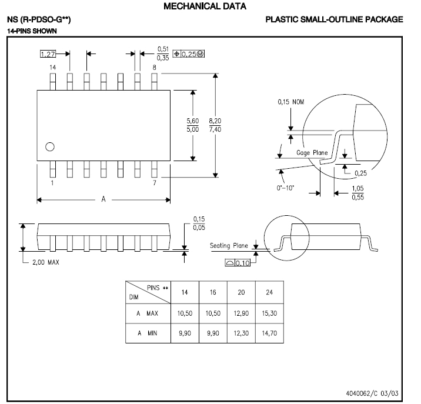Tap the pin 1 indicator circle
click(50, 146)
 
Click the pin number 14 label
click(52, 68)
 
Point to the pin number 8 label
click(154, 68)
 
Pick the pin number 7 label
click(154, 183)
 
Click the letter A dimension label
click(103, 200)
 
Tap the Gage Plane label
click(312, 153)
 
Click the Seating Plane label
click(229, 246)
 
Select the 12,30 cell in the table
click(241, 333)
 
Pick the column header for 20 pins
click(241, 292)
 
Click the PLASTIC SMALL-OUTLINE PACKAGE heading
click(334, 19)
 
